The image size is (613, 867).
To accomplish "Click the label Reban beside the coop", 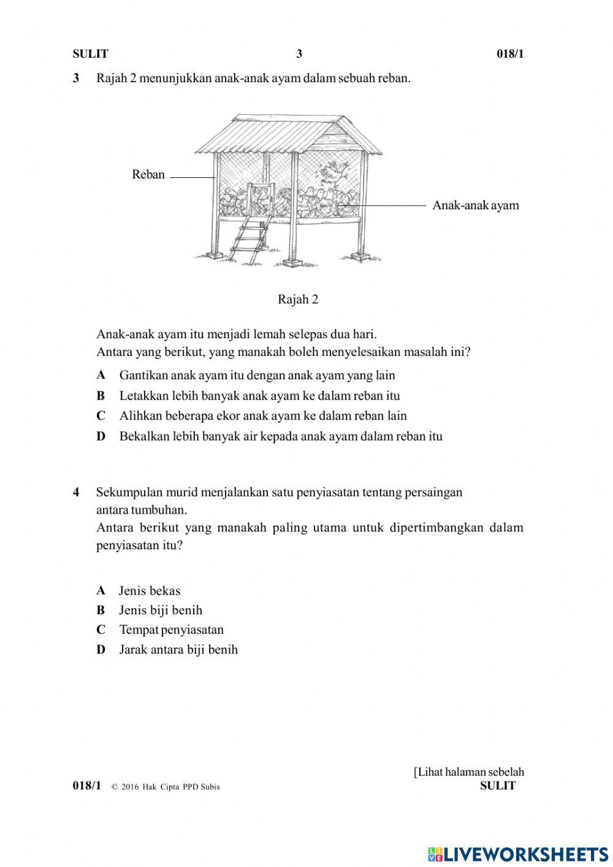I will click(x=148, y=175).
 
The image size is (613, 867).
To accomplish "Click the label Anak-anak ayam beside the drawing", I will click(x=475, y=206).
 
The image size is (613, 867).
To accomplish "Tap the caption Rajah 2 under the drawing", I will click(x=298, y=299).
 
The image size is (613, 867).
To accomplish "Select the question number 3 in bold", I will click(x=76, y=79).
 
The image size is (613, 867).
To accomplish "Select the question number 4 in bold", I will click(x=76, y=492).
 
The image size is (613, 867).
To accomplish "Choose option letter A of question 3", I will click(x=101, y=376).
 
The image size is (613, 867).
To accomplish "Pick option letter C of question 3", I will click(x=101, y=416).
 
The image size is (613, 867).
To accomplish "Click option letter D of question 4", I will click(x=101, y=650).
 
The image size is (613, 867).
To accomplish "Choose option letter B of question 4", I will click(x=101, y=611).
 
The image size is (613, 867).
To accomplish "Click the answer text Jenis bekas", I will click(x=150, y=591).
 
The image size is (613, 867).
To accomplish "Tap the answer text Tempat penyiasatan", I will click(x=172, y=630).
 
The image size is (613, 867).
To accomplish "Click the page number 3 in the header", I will click(x=299, y=54).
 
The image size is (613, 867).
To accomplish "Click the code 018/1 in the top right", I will click(x=510, y=54).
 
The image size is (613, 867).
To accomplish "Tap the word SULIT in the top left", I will click(x=90, y=54).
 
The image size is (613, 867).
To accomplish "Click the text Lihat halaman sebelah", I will click(x=469, y=773).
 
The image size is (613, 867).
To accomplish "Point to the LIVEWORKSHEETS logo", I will click(x=518, y=854).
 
